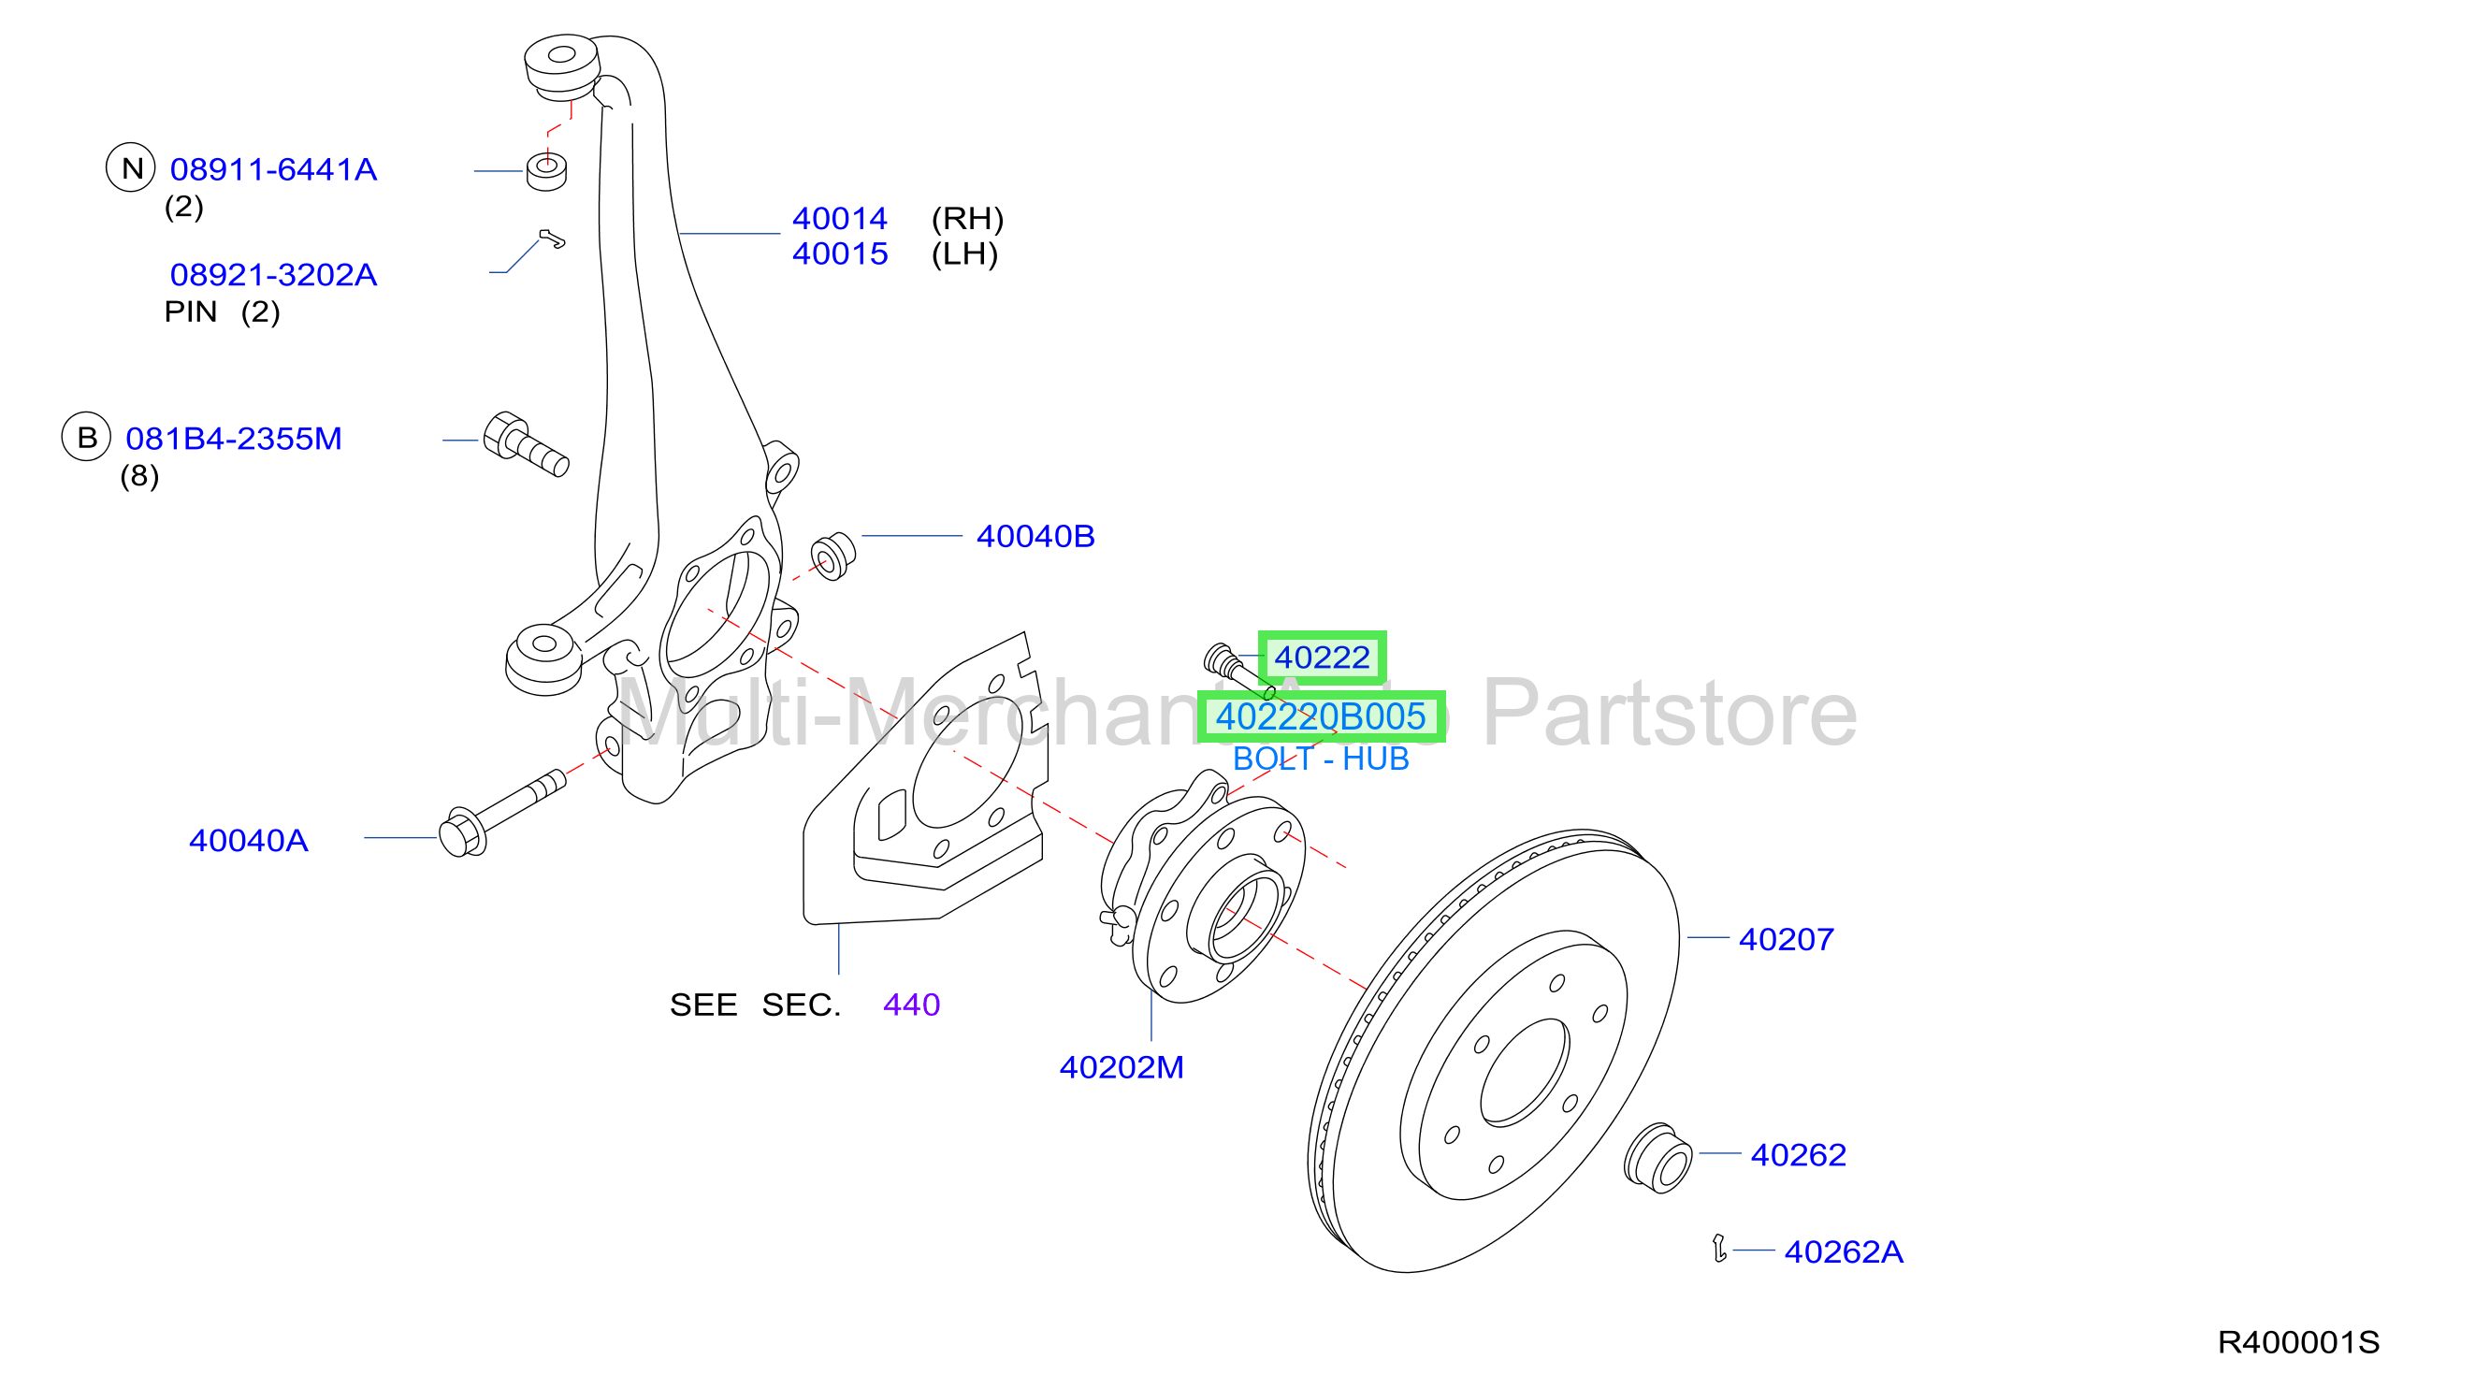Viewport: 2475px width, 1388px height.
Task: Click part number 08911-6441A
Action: coord(274,170)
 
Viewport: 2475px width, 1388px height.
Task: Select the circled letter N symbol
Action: coord(131,168)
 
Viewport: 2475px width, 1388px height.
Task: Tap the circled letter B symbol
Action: coord(86,437)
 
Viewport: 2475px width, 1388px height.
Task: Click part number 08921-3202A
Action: coord(274,276)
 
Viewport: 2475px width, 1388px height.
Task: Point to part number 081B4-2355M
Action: coord(235,439)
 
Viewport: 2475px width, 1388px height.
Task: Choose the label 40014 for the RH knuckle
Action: coord(840,219)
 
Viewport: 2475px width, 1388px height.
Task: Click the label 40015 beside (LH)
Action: coord(840,254)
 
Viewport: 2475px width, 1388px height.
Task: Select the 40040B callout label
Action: coord(1035,537)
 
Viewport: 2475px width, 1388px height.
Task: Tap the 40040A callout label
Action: coord(249,842)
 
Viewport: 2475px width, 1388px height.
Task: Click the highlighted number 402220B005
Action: coord(1321,716)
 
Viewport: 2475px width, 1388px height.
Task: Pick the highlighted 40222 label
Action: coord(1322,658)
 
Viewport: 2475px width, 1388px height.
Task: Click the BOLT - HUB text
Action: coord(1321,759)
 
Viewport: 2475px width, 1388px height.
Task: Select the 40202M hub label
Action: coord(1122,1068)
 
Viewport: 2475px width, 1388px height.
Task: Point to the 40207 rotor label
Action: coord(1787,939)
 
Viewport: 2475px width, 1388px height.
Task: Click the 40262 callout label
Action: coord(1799,1154)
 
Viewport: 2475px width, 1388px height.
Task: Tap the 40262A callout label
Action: coord(1844,1252)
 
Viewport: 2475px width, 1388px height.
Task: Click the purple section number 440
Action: coord(912,1005)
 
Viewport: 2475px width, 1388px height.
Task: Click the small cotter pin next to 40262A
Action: coord(1719,1249)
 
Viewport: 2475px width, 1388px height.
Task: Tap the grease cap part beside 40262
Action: coord(1658,1158)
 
